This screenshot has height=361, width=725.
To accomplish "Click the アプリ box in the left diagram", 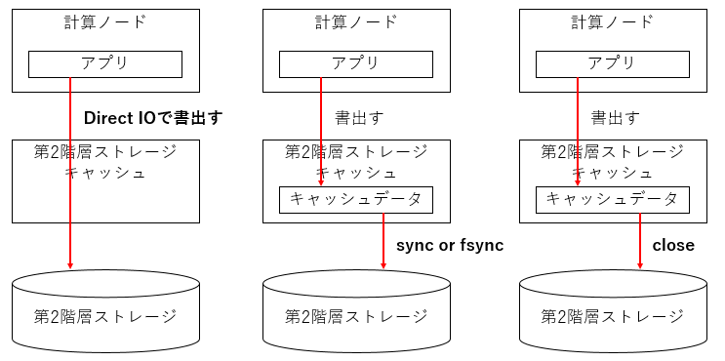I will [105, 63].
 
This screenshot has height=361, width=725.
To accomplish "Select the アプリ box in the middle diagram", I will [356, 63].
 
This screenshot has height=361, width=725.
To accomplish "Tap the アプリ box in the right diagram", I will [612, 63].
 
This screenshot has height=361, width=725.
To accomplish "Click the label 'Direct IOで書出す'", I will [153, 118].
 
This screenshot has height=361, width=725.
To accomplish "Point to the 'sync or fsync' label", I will [450, 245].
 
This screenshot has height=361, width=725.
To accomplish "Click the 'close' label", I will [673, 245].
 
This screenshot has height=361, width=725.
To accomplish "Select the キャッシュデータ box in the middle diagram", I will [356, 199].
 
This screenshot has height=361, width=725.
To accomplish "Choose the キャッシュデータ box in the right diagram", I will [612, 199].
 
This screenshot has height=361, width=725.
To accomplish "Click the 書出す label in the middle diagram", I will [359, 118].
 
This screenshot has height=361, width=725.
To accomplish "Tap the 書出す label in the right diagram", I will [616, 118].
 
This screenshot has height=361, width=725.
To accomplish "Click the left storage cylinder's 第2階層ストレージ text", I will [105, 316].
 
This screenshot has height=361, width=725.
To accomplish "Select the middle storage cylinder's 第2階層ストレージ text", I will [356, 316].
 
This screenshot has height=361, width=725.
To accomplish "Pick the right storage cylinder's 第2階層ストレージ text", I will [613, 316].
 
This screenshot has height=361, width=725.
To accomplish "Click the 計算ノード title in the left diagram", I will [105, 22].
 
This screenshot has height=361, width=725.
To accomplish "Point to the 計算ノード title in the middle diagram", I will [356, 22].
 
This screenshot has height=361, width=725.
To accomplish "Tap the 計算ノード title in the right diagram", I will [612, 22].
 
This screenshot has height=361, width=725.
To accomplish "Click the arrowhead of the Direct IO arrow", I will [70, 264].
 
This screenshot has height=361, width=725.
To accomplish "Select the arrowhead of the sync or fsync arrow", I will [383, 264].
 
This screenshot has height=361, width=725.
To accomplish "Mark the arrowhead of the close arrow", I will [640, 264].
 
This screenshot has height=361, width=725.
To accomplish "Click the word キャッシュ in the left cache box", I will [105, 173].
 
